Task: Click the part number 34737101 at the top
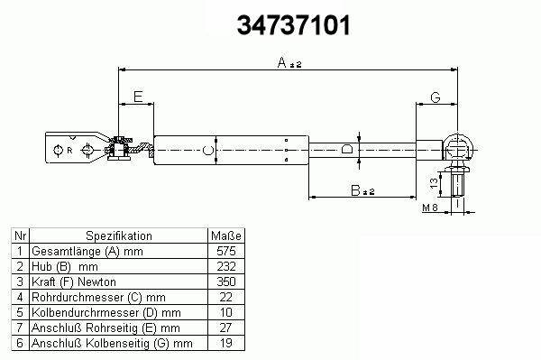pos(294,25)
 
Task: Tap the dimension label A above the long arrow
pos(282,63)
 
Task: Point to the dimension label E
pos(138,97)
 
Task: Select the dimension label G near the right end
pos(436,97)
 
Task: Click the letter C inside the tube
pos(207,151)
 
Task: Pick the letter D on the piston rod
pos(346,150)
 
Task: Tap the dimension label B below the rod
pos(355,190)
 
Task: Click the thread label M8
pos(430,208)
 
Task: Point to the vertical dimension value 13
pos(435,182)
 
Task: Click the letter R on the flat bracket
pos(69,151)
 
